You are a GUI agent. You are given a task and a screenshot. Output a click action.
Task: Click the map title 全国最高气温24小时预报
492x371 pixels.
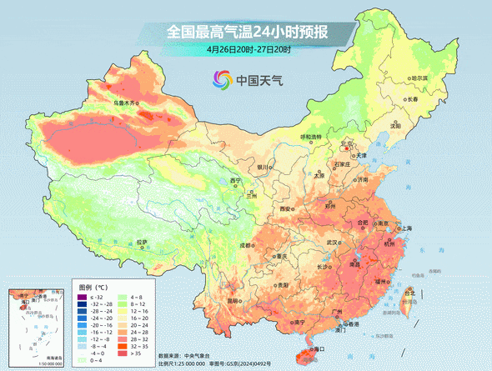tap(247, 32)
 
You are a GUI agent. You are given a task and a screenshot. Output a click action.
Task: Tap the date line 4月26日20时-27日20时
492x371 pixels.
tap(248, 50)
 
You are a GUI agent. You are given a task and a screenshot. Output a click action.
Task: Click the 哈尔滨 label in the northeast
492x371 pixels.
tap(418, 78)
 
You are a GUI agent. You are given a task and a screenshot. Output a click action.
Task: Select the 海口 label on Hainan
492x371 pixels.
tap(316, 349)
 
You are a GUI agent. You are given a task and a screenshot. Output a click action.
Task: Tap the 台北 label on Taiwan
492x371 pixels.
tap(409, 293)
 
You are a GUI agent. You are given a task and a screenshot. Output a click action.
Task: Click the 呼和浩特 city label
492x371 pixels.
tap(310, 137)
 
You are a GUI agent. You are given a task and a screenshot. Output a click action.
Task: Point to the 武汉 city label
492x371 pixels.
tap(333, 242)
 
